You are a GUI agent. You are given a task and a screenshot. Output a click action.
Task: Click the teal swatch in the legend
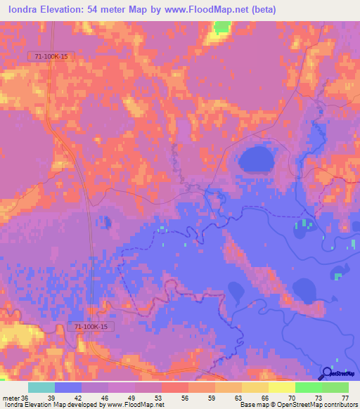(41, 387)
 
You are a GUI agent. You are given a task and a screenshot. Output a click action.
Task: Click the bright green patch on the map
(221, 27)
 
